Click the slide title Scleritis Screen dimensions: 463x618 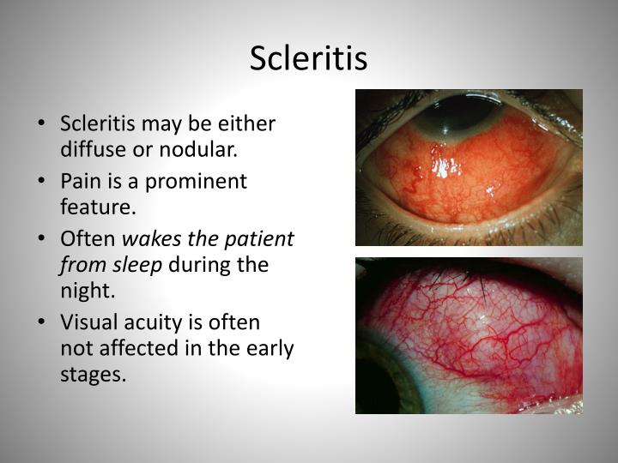309,58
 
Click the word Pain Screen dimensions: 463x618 81,181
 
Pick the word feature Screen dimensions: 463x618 98,207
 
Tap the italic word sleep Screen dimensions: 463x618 142,264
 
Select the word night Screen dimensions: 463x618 86,291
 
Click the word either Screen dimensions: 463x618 247,123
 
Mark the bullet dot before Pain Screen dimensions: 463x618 43,182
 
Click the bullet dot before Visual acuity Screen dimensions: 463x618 43,322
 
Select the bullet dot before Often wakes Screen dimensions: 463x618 43,238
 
